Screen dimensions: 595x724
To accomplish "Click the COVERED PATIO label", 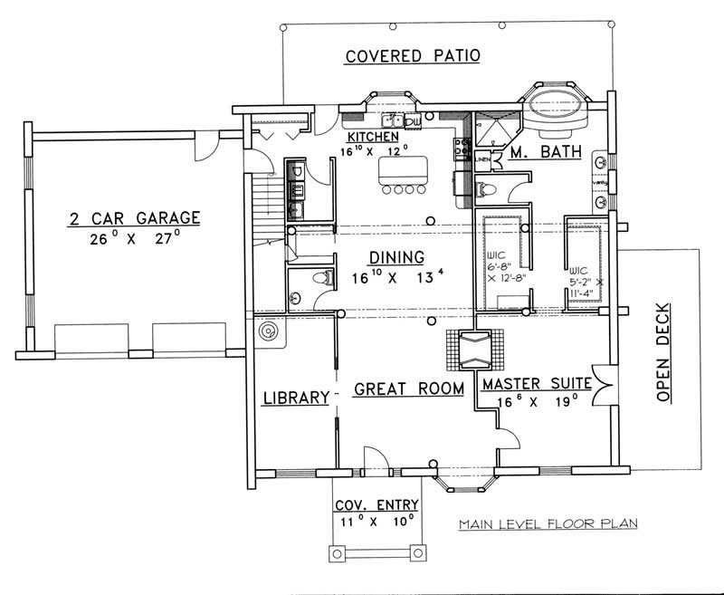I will [x=413, y=56].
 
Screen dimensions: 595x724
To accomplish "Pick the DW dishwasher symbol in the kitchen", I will [x=412, y=121].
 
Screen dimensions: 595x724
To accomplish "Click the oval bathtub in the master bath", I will [x=556, y=103].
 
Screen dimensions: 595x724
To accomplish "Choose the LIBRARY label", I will [x=295, y=398].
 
